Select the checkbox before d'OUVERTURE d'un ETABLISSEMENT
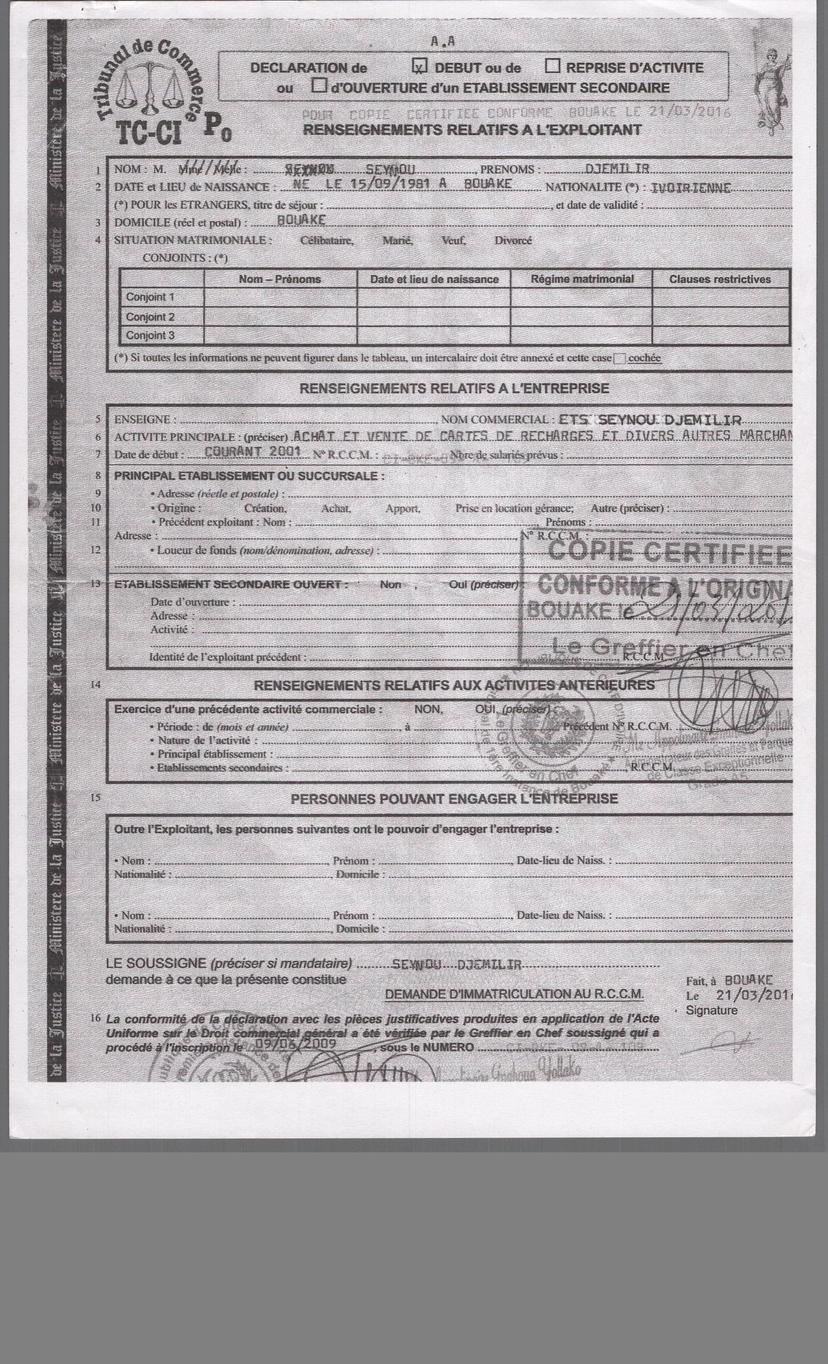319,86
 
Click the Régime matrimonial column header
582,279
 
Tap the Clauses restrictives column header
720,279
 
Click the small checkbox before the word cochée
620,358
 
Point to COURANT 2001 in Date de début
252,451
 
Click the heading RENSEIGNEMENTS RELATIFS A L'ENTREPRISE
454,389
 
